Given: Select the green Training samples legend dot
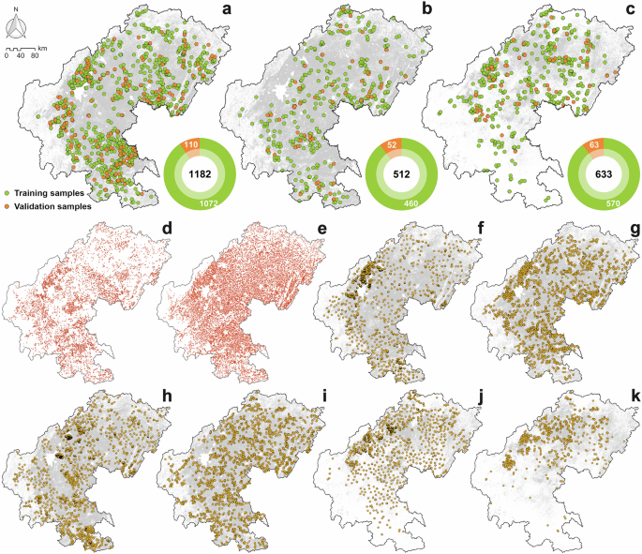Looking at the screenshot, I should [x=8, y=193].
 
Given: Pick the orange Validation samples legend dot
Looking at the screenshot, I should [x=8, y=208].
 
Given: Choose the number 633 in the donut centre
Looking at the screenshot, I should [x=605, y=174].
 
